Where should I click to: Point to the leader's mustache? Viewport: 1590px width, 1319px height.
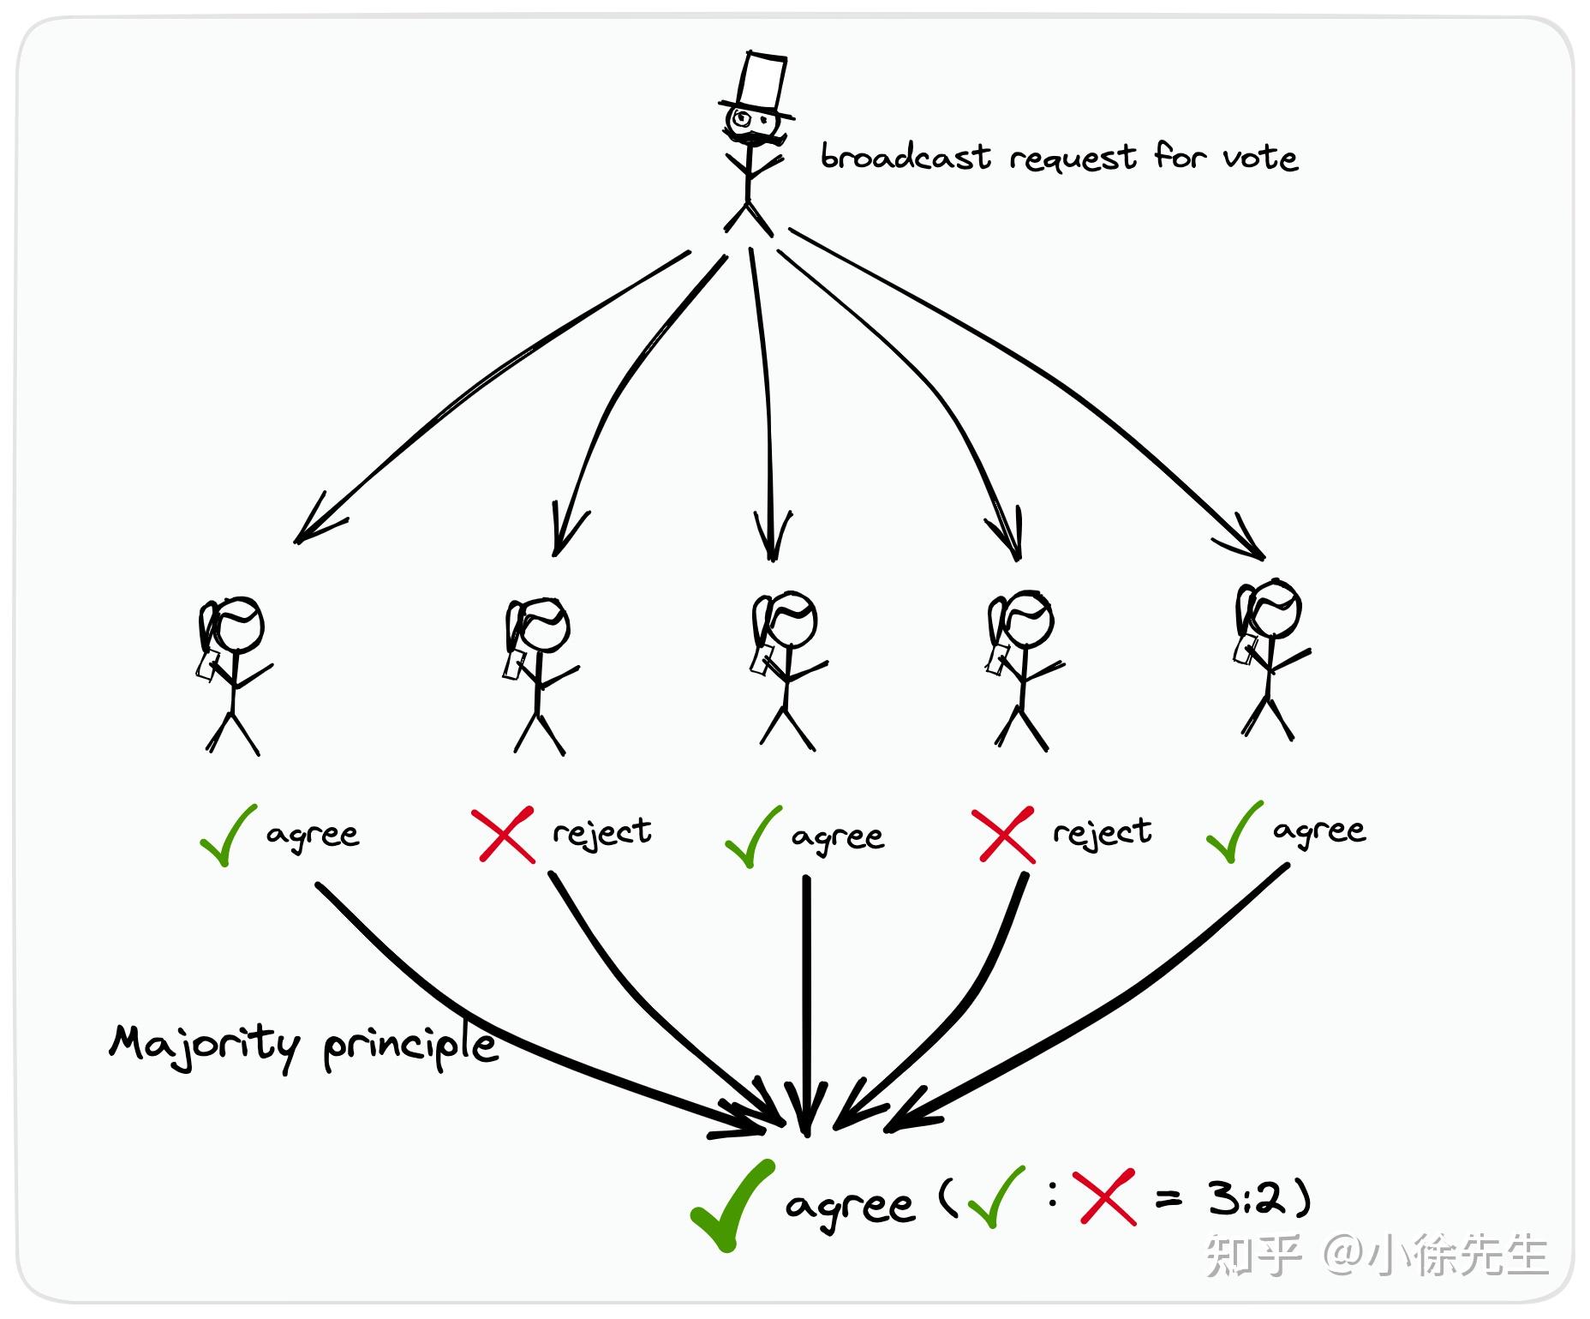click(x=754, y=136)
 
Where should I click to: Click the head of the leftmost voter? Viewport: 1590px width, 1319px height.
click(x=236, y=624)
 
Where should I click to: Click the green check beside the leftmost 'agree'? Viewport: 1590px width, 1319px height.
click(x=228, y=835)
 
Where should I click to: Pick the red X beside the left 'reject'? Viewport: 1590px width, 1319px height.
click(x=504, y=834)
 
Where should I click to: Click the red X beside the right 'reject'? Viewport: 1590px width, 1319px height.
click(x=1003, y=835)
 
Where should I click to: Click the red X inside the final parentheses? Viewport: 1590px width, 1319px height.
click(x=1107, y=1196)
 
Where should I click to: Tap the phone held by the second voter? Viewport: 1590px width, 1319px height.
click(x=514, y=666)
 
